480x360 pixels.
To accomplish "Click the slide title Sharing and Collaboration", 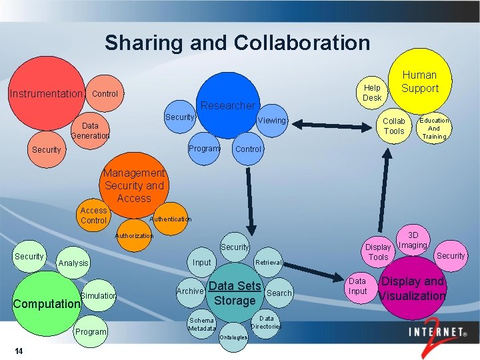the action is tap(237, 43).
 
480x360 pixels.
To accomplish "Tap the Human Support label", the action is tap(420, 81).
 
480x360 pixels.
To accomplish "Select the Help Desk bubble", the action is tap(372, 93).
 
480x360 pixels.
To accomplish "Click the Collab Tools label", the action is tap(393, 126).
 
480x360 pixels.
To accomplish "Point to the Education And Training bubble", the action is tap(434, 129).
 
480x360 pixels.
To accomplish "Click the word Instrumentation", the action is tap(45, 93).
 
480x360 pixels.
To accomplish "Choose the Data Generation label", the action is tap(90, 131).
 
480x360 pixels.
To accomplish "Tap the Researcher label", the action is tap(228, 105).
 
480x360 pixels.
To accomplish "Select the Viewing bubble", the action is tap(271, 121).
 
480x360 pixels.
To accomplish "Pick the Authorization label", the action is tap(134, 235).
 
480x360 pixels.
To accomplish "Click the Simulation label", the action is tap(98, 295).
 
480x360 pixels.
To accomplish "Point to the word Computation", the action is tap(47, 303).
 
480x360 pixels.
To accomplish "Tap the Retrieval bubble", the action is tap(269, 263).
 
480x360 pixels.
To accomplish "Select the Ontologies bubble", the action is tap(233, 337).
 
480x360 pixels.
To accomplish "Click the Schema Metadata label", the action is tap(201, 323).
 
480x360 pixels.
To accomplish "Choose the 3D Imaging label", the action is tap(413, 240).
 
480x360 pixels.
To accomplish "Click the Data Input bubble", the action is tap(358, 286).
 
